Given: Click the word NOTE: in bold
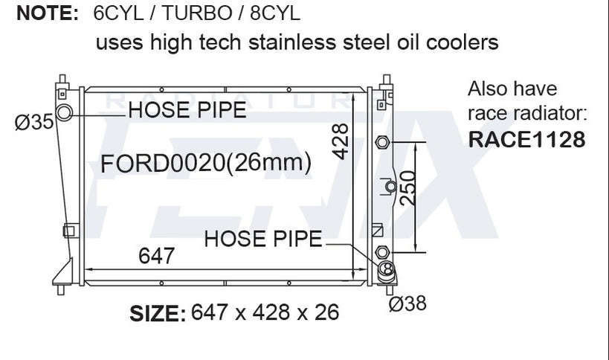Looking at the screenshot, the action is tap(48, 13).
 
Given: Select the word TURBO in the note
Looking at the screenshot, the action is tap(196, 13).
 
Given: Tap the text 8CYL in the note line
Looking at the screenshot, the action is tap(275, 13).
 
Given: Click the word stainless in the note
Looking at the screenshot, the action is tap(292, 42).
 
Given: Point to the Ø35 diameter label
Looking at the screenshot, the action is tap(33, 122).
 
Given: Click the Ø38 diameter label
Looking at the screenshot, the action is tap(407, 303).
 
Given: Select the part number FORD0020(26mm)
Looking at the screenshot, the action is tap(206, 162).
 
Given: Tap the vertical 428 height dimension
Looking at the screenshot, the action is tap(341, 141).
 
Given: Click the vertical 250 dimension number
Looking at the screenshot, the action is tap(407, 188).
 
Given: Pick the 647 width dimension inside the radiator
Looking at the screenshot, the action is tap(156, 256).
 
